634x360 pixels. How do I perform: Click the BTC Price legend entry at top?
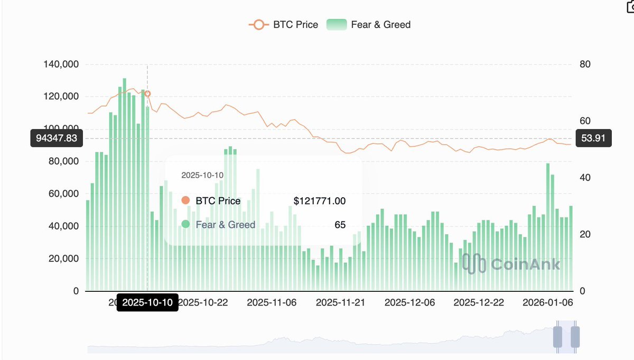point(284,24)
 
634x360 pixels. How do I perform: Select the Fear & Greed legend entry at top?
point(369,24)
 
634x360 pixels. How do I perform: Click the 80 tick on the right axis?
point(585,64)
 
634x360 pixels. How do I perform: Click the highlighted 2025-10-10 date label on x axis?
point(147,302)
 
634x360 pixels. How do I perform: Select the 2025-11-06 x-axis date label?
point(272,302)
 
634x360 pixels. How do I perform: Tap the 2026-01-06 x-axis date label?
point(547,302)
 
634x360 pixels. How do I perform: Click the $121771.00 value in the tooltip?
point(320,201)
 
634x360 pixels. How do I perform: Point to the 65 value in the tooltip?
point(340,225)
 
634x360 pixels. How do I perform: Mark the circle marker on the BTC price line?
point(147,94)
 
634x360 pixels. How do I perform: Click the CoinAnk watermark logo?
point(511,264)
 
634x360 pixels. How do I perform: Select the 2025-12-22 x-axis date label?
point(479,302)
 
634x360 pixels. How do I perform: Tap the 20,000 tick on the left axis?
point(62,259)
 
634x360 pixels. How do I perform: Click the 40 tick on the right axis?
point(585,178)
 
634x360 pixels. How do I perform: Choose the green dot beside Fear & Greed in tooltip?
point(185,225)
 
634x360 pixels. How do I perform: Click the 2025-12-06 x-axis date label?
point(409,302)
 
